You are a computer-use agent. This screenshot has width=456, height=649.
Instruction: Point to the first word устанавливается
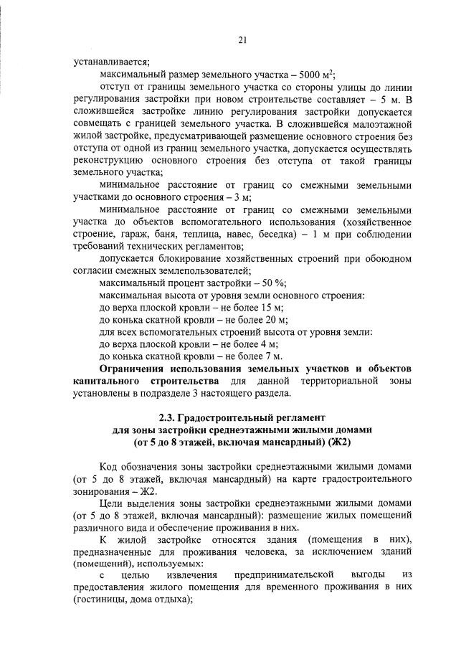point(105,62)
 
